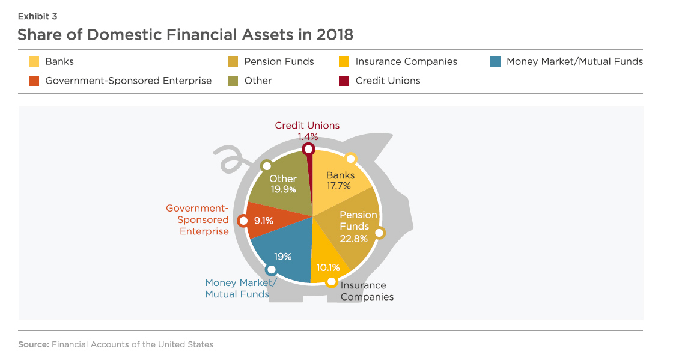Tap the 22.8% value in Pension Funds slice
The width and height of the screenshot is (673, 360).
[354, 239]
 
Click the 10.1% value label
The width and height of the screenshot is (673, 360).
[328, 268]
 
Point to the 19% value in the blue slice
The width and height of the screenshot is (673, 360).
[283, 257]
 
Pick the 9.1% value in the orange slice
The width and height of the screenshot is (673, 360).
[264, 221]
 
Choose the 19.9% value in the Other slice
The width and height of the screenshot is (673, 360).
[283, 189]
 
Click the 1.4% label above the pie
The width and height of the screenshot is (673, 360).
[308, 137]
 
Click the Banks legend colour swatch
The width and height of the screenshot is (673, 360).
[34, 62]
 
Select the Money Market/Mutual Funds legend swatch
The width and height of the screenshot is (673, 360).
[495, 62]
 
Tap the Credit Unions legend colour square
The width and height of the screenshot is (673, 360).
[344, 81]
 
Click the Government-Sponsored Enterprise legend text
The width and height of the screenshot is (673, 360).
[129, 81]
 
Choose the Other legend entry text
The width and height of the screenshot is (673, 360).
[258, 81]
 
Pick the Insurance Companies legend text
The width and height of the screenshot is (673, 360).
[406, 62]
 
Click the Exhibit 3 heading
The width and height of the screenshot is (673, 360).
[37, 16]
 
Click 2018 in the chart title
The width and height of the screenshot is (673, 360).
[335, 35]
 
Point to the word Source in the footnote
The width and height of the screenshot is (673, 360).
[34, 344]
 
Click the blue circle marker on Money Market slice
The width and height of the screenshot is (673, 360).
[271, 270]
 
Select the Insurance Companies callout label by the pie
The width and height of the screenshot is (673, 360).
[367, 291]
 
